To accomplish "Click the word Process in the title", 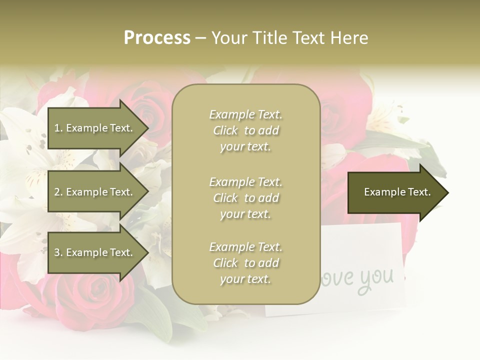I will pos(157,38).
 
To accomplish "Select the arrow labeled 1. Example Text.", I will pos(95,128).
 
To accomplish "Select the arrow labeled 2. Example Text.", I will pos(95,192).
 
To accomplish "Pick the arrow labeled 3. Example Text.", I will pos(95,252).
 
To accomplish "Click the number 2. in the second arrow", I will pos(58,192).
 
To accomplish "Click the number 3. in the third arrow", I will pos(58,252).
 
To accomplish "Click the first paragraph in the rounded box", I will pos(245,130).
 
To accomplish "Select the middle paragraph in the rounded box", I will pos(245,198).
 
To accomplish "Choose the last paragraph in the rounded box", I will pos(245,263).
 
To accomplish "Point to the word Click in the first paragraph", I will pos(225,130).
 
